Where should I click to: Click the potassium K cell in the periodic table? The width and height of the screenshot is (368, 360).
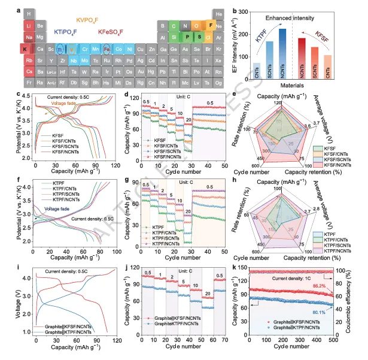tap(25, 48)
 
